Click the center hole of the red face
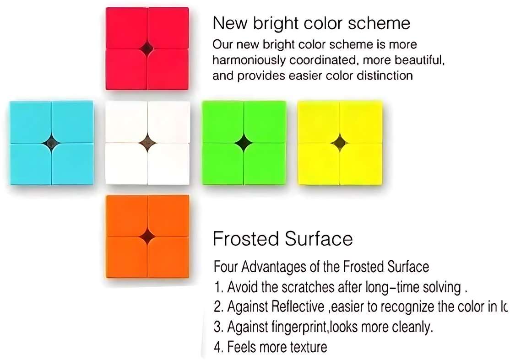tap(147, 48)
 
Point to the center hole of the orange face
tap(147, 236)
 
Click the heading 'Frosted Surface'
tap(283, 239)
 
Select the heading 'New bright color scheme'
tap(311, 23)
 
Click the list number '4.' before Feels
tap(218, 347)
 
